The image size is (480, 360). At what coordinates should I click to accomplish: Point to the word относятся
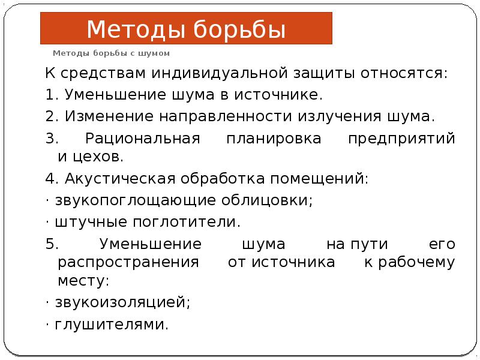[x=403, y=74]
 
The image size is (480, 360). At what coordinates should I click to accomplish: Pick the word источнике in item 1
[x=286, y=95]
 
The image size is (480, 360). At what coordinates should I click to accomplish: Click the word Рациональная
[x=142, y=139]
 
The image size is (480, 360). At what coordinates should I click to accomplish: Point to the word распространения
[x=128, y=262]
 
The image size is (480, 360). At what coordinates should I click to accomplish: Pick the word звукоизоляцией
[x=122, y=303]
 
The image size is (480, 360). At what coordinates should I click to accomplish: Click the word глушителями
[x=112, y=325]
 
